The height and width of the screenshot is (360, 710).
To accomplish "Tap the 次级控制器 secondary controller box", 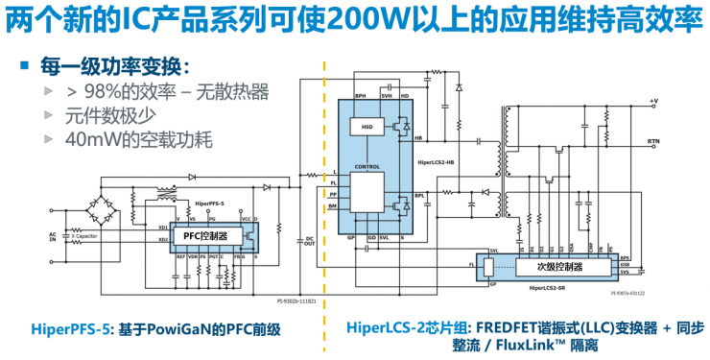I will click(x=560, y=268).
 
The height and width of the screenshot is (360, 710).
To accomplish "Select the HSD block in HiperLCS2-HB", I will click(x=366, y=127).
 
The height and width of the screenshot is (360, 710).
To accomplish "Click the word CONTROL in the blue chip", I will click(x=367, y=166).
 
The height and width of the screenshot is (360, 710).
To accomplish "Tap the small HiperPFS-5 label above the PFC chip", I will click(x=209, y=204).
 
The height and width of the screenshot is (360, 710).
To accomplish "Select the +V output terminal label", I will click(x=653, y=101).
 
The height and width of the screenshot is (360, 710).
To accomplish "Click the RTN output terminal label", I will click(x=653, y=141).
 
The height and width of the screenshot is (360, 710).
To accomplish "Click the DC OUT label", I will click(x=309, y=241).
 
